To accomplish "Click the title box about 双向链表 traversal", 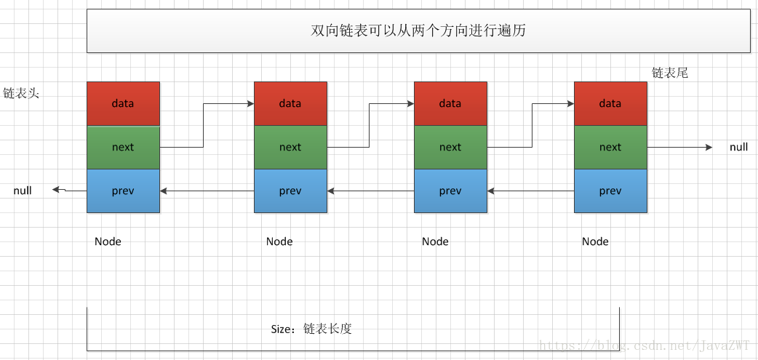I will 418,31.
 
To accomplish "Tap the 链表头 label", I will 20,94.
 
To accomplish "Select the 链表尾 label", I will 669,73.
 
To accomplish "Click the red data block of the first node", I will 123,103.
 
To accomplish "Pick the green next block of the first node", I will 123,147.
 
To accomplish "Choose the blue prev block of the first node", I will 123,191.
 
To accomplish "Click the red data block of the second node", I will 290,103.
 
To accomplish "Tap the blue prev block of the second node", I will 290,191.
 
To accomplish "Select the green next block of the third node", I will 450,147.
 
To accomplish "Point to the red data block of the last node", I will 610,103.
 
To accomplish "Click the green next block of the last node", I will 610,147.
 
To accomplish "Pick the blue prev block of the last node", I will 610,191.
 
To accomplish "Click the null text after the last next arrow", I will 738,147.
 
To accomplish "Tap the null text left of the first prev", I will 23,191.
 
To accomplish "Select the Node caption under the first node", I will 108,241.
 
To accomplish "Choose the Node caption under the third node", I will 435,241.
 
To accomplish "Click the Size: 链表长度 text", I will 311,329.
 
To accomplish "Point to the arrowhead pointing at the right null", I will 709,147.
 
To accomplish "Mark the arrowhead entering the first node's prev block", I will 164,191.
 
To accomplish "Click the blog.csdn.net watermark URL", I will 647,345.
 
